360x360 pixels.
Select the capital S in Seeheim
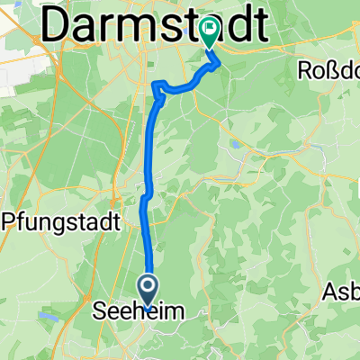click(101, 312)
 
